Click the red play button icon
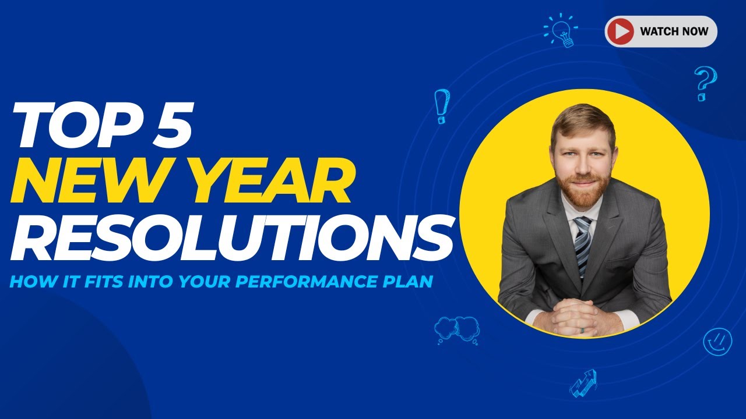[620, 31]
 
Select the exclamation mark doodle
[442, 105]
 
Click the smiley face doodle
[717, 342]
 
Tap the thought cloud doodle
[456, 330]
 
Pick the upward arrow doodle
[583, 382]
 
